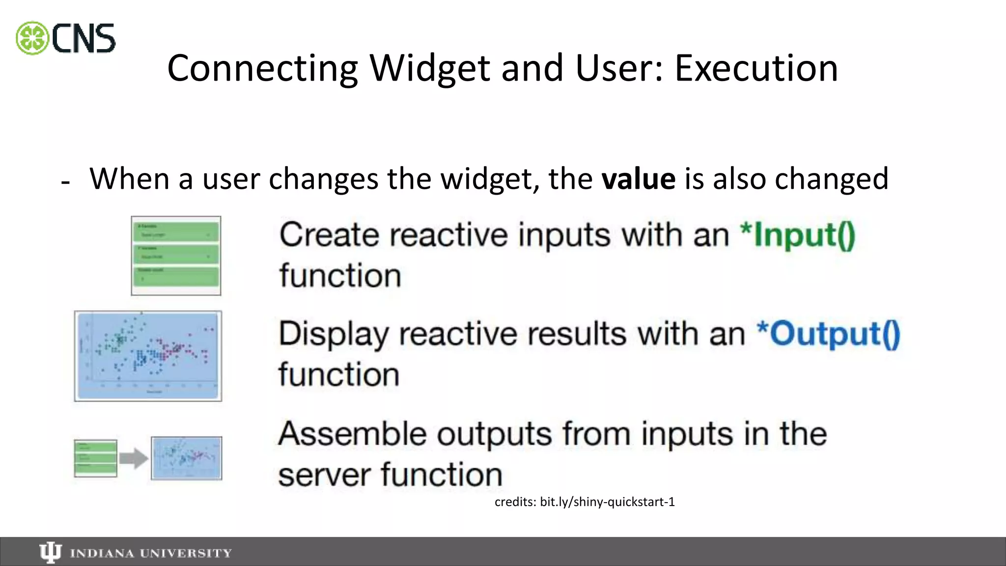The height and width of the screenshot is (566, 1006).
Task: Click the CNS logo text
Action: point(84,38)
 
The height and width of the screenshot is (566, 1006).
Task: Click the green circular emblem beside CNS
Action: point(32,38)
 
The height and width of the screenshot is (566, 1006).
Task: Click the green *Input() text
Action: point(798,235)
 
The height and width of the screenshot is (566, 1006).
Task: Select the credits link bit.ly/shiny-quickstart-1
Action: point(607,502)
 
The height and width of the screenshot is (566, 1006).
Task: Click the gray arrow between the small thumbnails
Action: point(134,458)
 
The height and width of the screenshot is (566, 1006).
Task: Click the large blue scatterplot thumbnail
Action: point(148,356)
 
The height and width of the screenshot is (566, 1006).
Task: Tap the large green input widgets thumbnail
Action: point(176,255)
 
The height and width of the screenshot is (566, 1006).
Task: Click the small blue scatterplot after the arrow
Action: point(186,458)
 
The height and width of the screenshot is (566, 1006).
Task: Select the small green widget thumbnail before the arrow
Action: point(95,458)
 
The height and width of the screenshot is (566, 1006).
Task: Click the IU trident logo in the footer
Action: point(50,553)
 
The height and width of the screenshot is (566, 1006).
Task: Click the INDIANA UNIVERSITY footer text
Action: point(151,553)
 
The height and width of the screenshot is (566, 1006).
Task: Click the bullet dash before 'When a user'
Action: point(65,182)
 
